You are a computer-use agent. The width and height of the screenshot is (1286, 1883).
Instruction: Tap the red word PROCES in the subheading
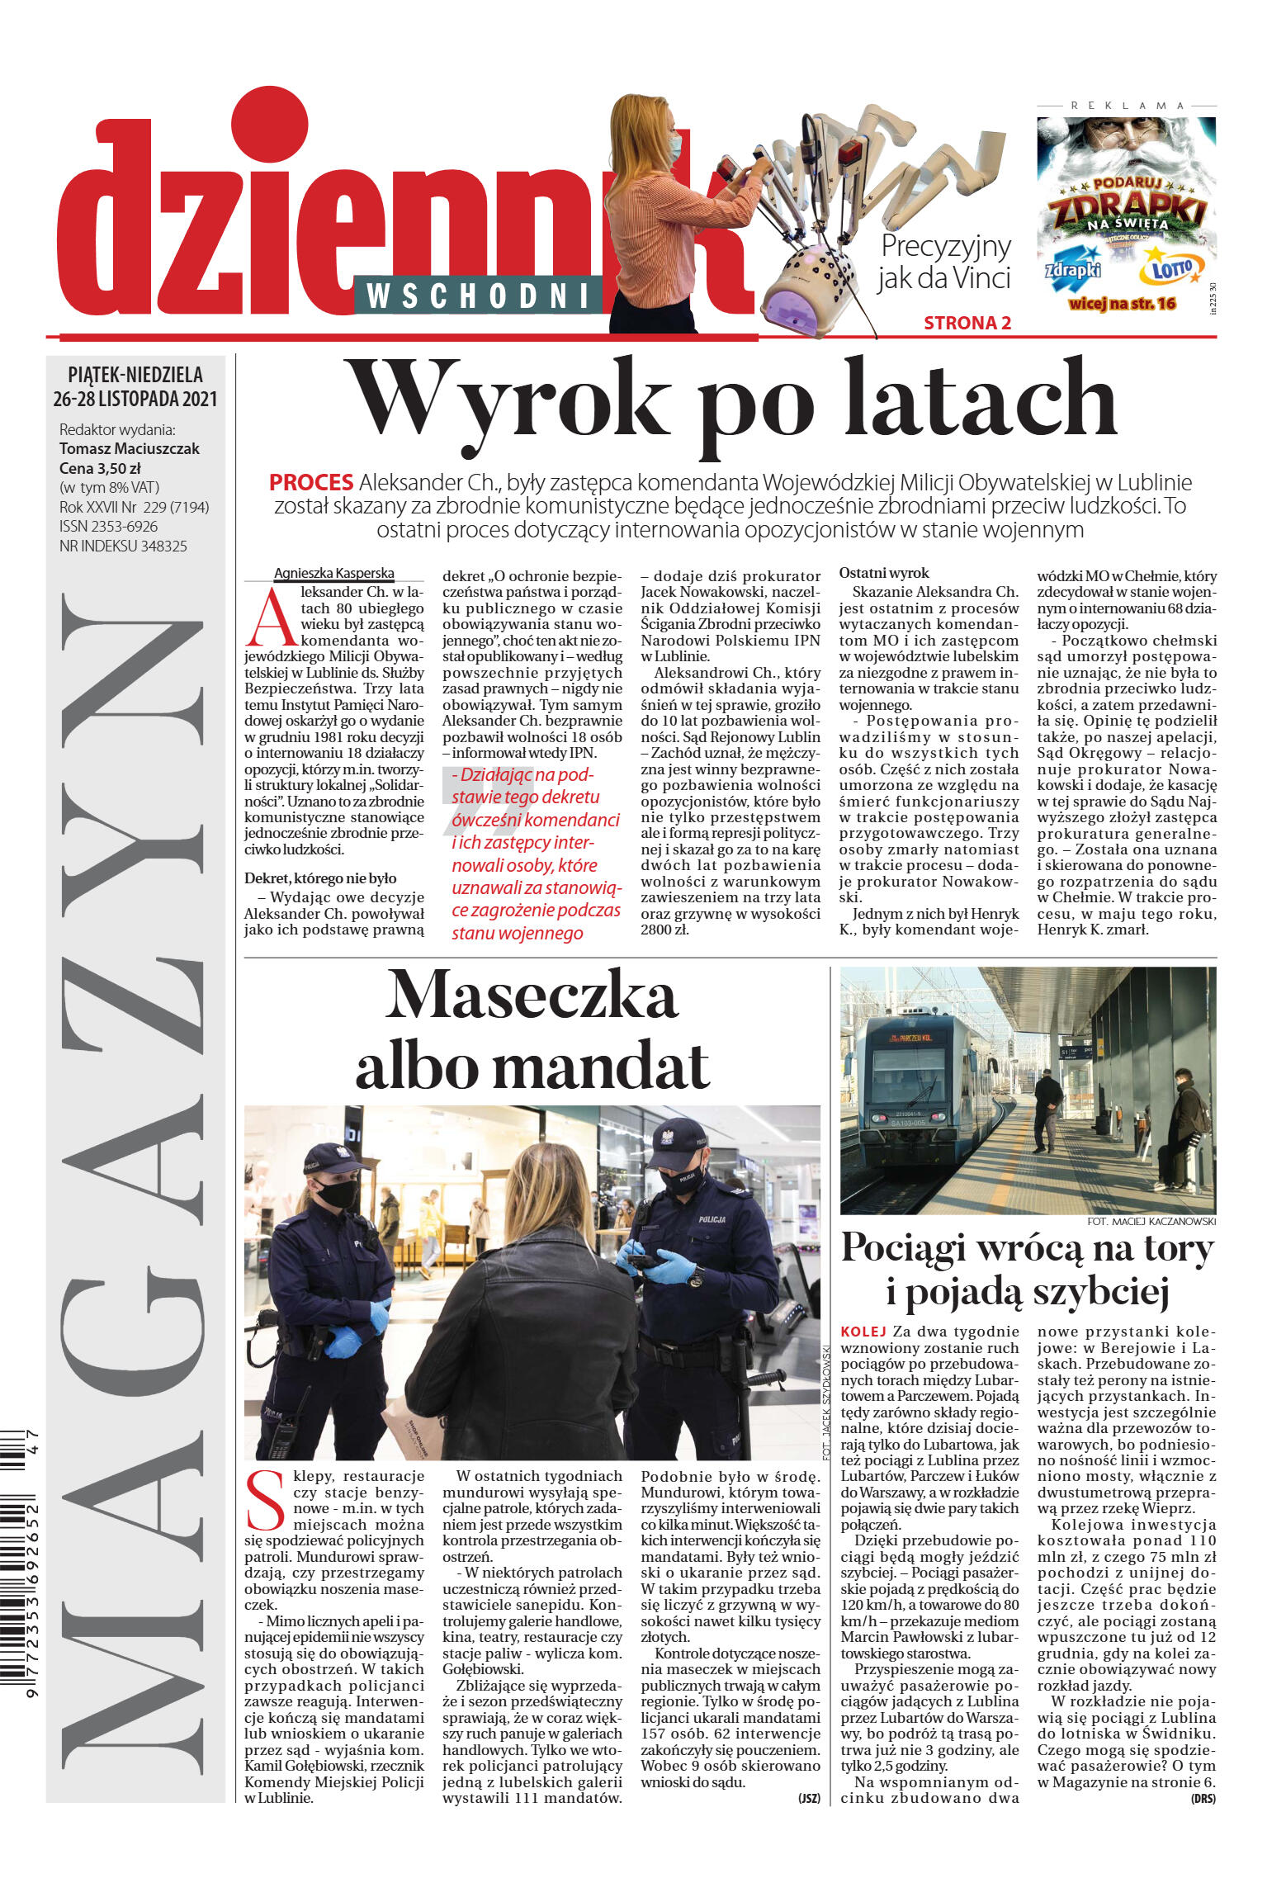(310, 483)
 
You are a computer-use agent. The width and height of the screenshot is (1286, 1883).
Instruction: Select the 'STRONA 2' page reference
(967, 324)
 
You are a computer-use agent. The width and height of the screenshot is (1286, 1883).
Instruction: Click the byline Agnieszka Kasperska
(333, 574)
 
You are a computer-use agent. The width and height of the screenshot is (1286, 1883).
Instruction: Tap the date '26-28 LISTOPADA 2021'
(135, 400)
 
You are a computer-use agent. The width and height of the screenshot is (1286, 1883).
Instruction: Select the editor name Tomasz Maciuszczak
(130, 449)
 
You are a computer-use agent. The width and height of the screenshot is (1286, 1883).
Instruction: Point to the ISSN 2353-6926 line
(108, 527)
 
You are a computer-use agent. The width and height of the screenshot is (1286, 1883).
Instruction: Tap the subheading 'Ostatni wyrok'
(883, 573)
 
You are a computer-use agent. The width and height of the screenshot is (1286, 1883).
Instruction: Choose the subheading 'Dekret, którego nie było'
(320, 878)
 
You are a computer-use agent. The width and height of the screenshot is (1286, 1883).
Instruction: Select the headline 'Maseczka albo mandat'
(532, 1031)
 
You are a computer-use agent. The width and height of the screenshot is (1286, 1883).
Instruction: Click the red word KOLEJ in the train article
(863, 1332)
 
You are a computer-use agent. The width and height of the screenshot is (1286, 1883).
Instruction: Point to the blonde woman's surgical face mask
(675, 147)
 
